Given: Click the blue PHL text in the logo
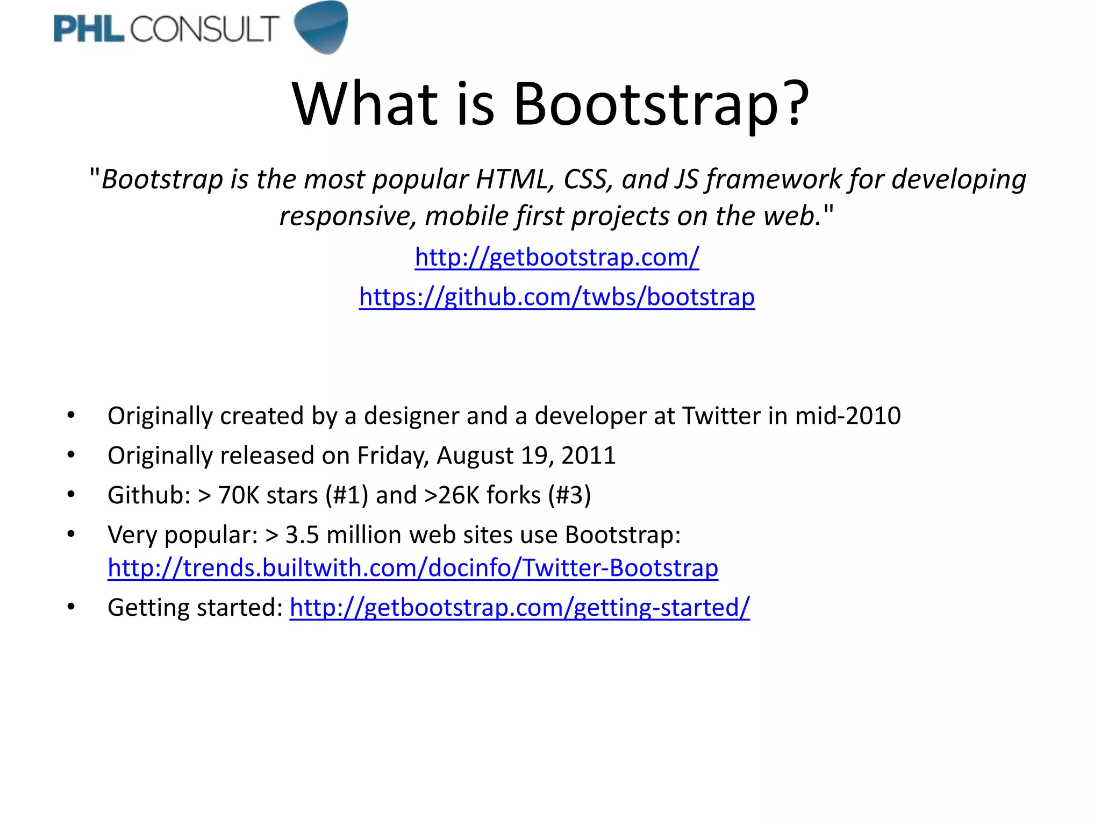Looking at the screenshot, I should pos(89,29).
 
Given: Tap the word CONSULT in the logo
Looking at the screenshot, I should pos(204,29).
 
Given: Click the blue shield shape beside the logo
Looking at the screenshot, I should pos(322,27).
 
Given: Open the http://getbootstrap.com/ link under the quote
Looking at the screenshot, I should pos(556,257).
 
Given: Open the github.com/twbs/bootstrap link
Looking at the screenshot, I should pos(556,297).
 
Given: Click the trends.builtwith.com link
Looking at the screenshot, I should pos(412,568).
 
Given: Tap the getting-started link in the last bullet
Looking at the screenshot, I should pos(519,608).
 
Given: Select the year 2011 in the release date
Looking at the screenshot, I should pos(588,455).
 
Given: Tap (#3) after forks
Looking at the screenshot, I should pos(569,495).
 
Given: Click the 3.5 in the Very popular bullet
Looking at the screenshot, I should pos(302,535).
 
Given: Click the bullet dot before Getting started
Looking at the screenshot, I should pos(71,607).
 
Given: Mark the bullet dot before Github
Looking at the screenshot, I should pos(71,495).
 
